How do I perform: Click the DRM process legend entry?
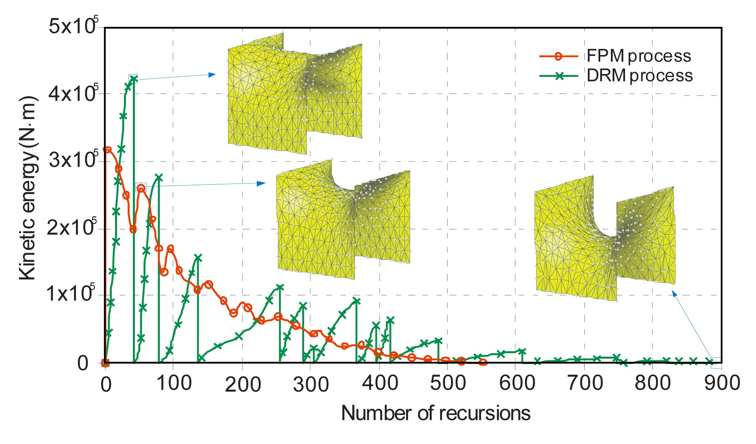(616, 76)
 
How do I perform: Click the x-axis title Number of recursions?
(436, 413)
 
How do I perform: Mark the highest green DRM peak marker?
(133, 79)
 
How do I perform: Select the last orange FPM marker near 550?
(483, 362)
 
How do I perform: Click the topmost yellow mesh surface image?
(294, 93)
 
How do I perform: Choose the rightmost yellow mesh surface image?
(604, 239)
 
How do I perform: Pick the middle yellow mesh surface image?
(343, 219)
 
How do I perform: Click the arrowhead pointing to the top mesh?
(212, 74)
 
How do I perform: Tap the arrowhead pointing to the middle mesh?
(262, 183)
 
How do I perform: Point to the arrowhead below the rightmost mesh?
(674, 294)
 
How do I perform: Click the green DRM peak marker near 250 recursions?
(280, 288)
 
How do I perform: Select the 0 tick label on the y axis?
(83, 364)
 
